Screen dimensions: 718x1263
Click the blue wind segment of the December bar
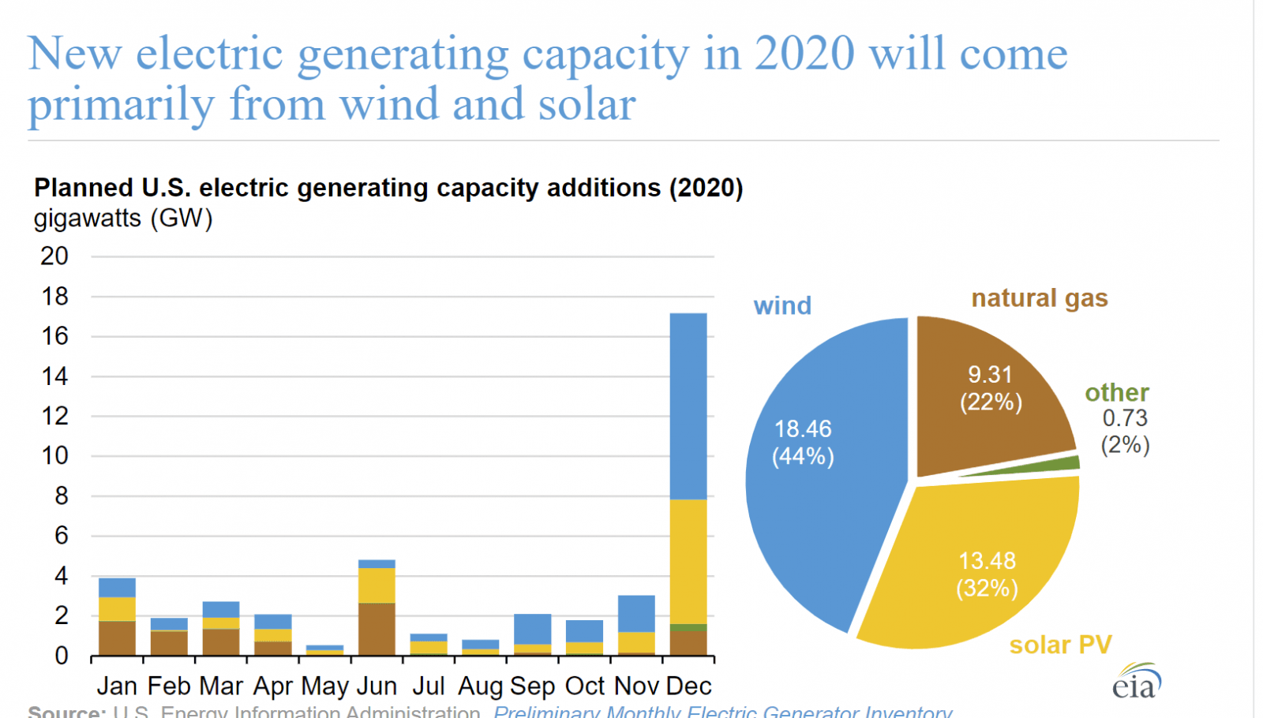click(688, 406)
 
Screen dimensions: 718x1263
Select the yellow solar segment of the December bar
click(688, 561)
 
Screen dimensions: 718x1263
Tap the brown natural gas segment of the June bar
click(377, 629)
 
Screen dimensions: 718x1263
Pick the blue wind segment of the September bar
click(532, 629)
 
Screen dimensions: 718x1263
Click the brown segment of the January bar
click(117, 638)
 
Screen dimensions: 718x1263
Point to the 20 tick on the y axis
click(54, 256)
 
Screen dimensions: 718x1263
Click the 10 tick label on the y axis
click(54, 456)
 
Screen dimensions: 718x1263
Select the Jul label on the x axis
click(429, 686)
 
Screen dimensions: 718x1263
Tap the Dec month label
click(688, 686)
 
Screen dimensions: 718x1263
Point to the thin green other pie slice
click(1058, 465)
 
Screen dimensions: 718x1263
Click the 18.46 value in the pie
click(803, 429)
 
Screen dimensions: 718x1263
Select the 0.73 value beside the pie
click(1125, 418)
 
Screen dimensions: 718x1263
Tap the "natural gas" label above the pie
click(1040, 298)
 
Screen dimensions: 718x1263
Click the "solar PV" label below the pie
click(1060, 645)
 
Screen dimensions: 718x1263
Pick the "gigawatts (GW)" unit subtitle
click(123, 219)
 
